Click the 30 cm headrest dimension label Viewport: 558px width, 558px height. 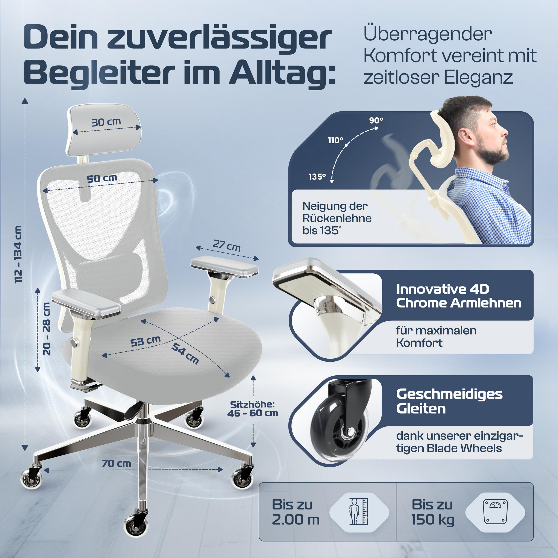[x=106, y=122]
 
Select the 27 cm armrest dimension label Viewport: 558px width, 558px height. [x=226, y=246]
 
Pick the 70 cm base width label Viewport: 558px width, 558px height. [x=116, y=464]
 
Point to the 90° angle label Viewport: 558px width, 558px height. [x=376, y=120]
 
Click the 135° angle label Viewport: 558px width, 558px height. [x=317, y=176]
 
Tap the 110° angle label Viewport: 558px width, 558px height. [x=336, y=140]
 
